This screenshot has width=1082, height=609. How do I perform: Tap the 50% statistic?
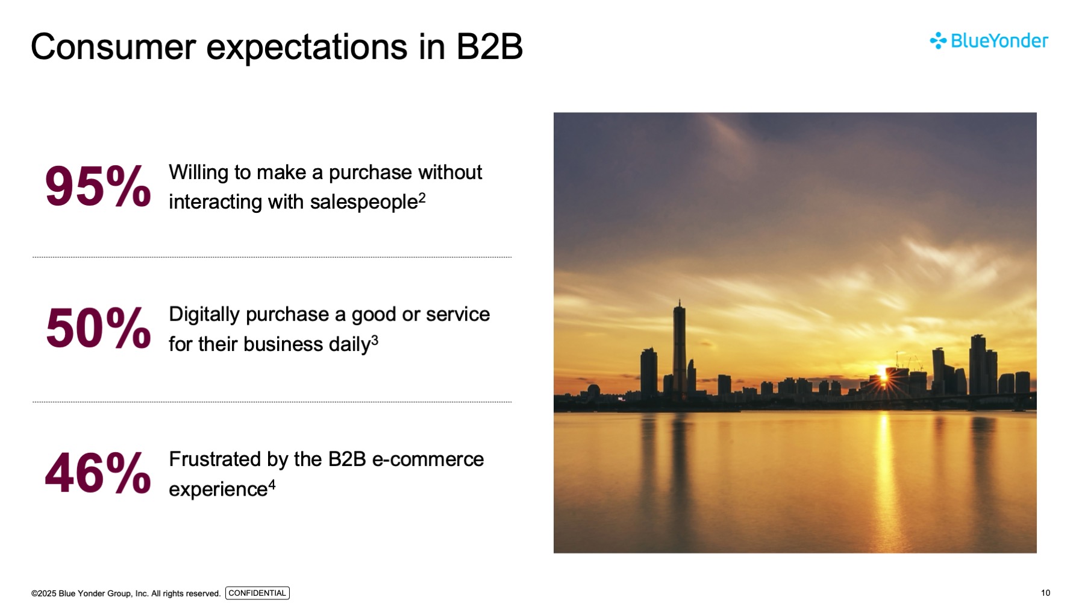[98, 328]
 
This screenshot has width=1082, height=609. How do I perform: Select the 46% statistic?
[98, 473]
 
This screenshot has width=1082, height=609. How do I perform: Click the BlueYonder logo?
[989, 40]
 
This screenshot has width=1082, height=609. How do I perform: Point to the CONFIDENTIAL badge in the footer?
[257, 593]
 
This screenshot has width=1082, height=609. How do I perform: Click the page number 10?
[1045, 593]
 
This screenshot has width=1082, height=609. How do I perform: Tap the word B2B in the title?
[489, 46]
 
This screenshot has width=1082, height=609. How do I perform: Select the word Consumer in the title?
[113, 46]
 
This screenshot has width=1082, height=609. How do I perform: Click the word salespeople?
[364, 203]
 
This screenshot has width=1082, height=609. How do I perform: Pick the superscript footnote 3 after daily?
[375, 340]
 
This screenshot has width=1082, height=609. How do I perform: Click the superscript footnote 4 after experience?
[272, 484]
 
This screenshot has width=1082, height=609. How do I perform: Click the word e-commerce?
[428, 459]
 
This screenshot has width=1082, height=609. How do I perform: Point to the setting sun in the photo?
[883, 378]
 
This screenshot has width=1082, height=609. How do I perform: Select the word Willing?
[199, 173]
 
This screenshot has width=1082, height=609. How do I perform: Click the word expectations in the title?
[307, 48]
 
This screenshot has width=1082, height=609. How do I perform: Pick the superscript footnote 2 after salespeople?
[422, 198]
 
